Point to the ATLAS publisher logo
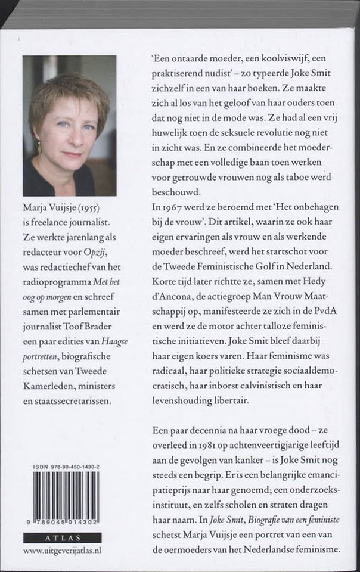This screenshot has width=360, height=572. click(62, 537)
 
